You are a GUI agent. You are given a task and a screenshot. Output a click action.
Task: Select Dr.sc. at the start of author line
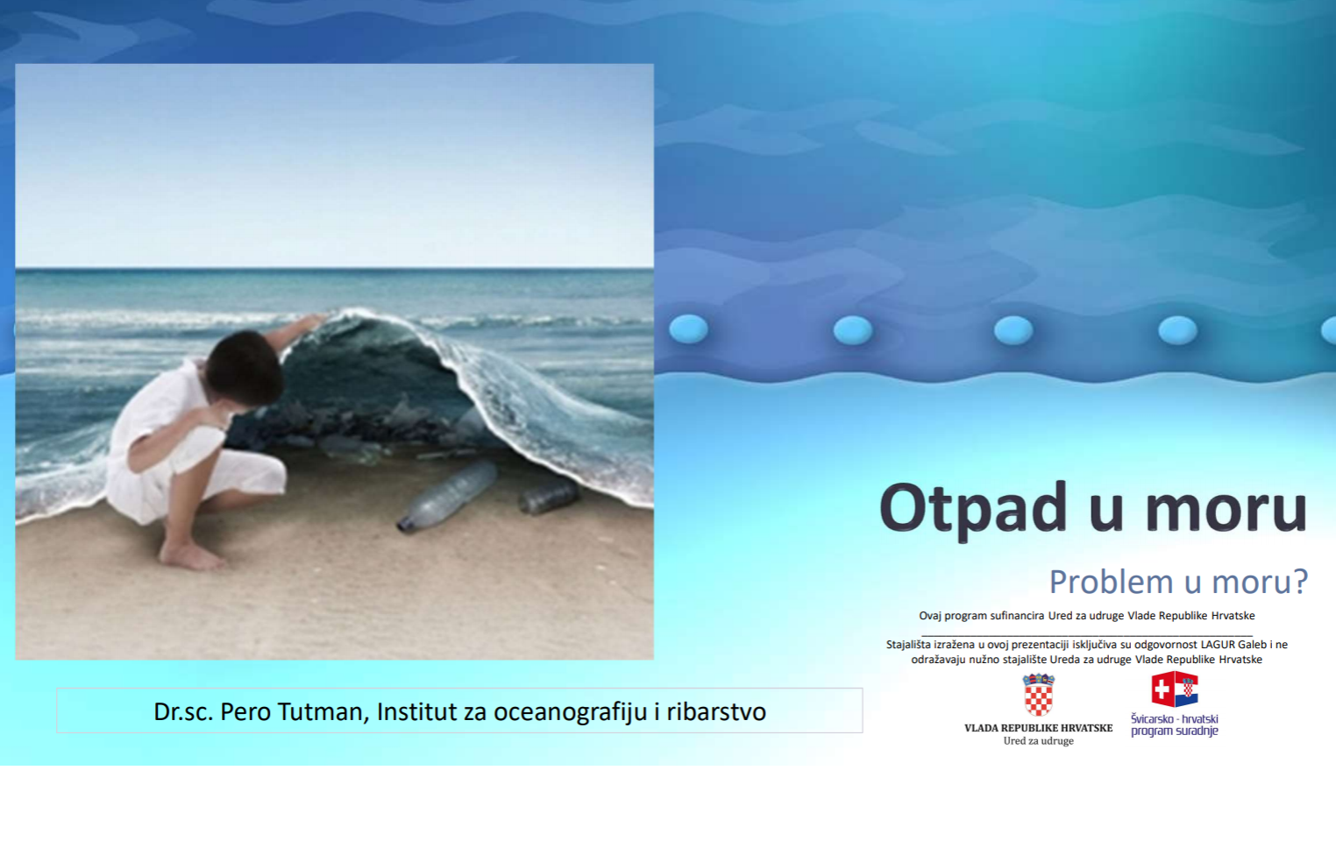[183, 711]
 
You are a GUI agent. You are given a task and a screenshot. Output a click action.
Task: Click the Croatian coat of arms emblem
[1039, 695]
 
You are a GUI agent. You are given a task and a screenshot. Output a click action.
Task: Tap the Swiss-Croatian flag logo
[1175, 689]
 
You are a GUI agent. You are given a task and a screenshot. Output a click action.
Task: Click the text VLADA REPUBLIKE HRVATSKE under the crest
[1039, 728]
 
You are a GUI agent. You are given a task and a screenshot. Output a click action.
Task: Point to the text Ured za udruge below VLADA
[1039, 741]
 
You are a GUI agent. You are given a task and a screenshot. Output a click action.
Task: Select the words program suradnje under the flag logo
[1175, 731]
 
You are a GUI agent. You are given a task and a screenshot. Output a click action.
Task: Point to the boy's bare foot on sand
[192, 556]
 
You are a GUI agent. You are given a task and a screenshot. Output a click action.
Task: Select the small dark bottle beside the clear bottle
[550, 497]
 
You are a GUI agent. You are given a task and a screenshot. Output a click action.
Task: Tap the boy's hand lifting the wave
[312, 322]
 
